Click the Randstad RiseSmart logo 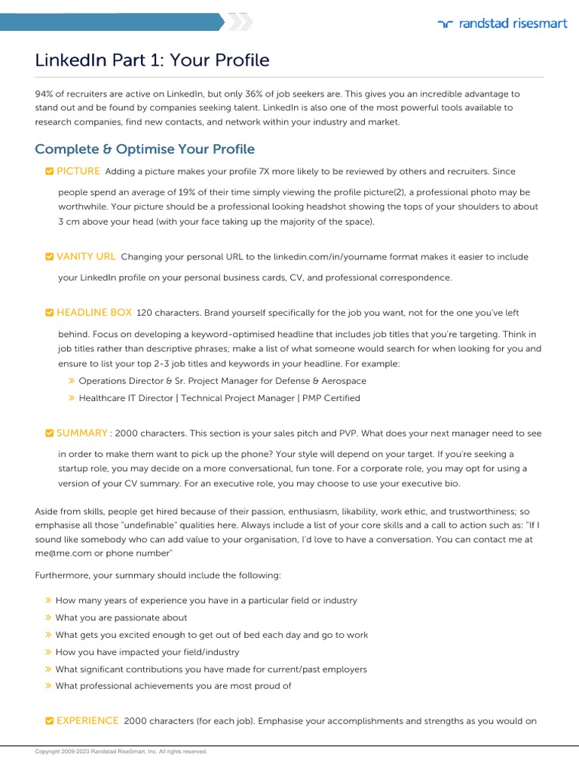[x=502, y=23]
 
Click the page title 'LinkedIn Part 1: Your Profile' [x=152, y=60]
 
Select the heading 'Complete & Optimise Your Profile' [x=145, y=149]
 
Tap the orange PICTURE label [x=78, y=171]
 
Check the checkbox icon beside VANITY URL [x=49, y=257]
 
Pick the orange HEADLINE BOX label [x=94, y=312]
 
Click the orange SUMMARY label [x=82, y=433]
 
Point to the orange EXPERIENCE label [x=87, y=721]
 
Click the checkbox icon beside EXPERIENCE [x=49, y=721]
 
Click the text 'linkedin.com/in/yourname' [x=329, y=257]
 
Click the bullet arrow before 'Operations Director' [x=72, y=381]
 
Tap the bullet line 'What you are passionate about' [x=121, y=617]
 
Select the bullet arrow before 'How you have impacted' [x=48, y=652]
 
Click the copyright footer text [x=121, y=752]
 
